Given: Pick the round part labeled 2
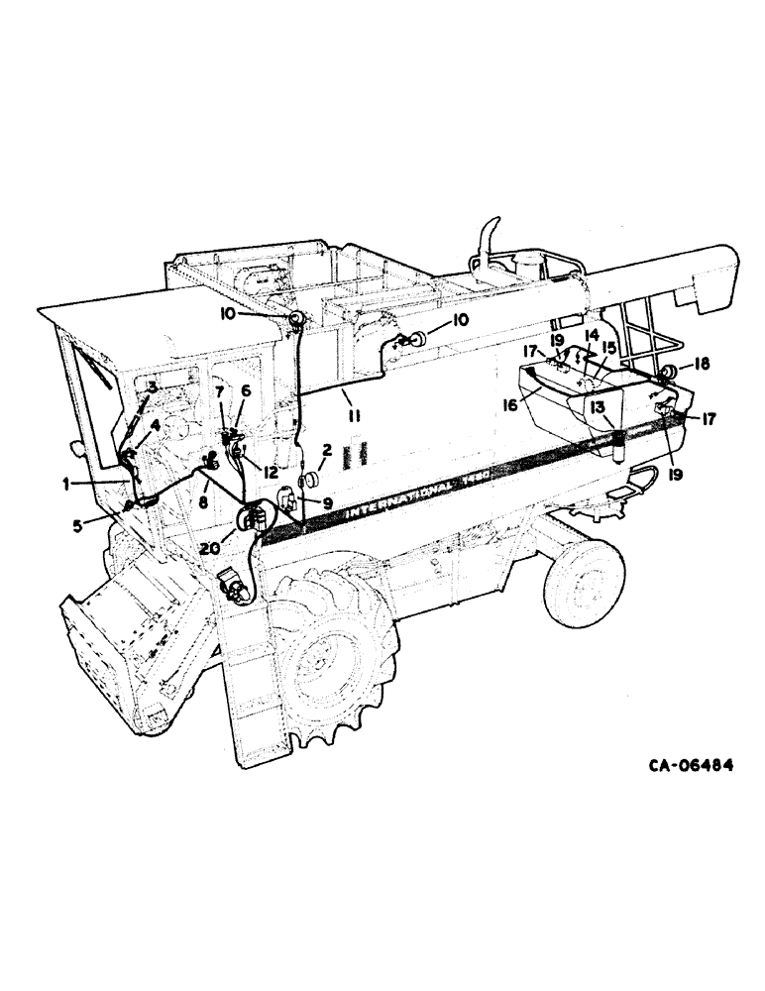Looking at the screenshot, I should pos(307,480).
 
